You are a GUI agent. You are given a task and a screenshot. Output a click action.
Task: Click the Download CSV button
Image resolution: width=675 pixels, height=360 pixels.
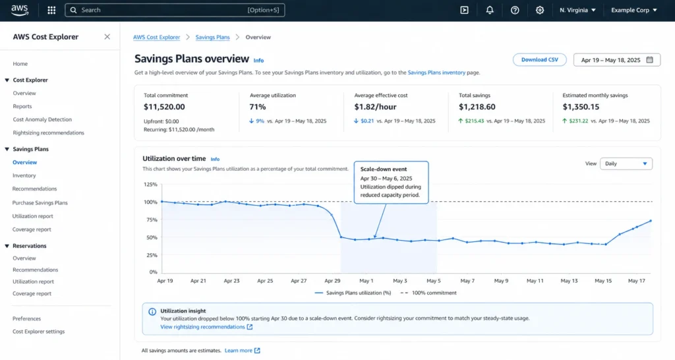click(x=539, y=60)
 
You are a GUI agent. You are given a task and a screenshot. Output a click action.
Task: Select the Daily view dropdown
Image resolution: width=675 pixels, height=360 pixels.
click(x=626, y=164)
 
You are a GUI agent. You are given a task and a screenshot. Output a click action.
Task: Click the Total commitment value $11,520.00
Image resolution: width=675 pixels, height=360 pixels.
click(x=164, y=107)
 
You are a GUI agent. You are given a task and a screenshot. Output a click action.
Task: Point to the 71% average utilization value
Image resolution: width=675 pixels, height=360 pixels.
click(x=258, y=107)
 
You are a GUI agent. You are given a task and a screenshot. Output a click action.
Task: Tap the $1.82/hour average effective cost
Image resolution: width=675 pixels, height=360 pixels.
click(x=376, y=107)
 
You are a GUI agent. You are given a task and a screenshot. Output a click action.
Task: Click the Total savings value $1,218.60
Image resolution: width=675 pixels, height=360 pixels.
click(x=477, y=107)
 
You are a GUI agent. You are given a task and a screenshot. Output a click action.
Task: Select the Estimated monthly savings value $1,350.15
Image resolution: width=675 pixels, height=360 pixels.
click(x=581, y=107)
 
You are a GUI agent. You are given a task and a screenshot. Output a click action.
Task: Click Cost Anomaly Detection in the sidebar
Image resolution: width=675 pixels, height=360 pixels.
click(x=42, y=119)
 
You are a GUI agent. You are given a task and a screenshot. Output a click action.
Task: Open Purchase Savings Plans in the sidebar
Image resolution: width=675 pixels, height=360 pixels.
click(x=40, y=202)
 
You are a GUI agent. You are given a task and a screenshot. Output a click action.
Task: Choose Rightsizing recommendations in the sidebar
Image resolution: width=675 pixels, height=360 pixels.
click(x=48, y=133)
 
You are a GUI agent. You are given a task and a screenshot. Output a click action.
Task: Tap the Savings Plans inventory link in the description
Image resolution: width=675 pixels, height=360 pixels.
click(x=436, y=73)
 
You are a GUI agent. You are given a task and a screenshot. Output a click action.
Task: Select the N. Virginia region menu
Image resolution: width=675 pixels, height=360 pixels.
click(x=577, y=10)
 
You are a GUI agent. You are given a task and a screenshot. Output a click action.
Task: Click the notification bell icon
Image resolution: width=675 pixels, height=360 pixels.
click(x=490, y=10)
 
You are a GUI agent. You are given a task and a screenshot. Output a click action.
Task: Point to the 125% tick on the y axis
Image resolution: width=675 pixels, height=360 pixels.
click(x=150, y=185)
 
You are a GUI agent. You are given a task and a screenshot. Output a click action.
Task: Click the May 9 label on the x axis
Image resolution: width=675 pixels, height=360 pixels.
click(x=501, y=281)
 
